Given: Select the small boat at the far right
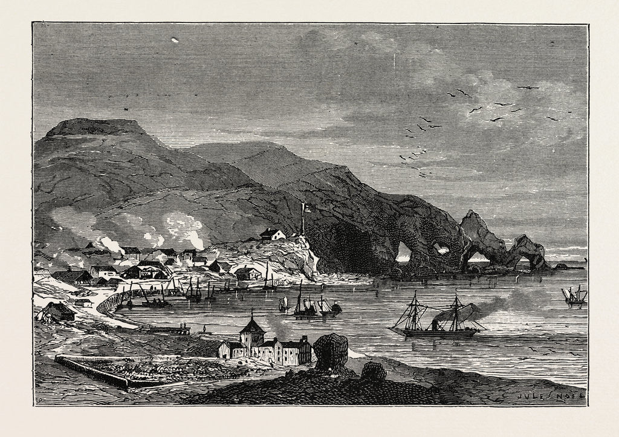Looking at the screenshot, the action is tap(574, 296).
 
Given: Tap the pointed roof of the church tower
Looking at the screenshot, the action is tap(252, 327).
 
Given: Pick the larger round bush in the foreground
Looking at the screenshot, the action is tap(331, 351).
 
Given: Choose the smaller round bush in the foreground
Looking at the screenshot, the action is tap(373, 370).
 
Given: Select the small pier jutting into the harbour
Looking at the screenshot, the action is tap(169, 330).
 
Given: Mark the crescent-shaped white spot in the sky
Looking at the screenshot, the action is tap(175, 40).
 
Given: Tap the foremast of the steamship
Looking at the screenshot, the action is tap(415, 311).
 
